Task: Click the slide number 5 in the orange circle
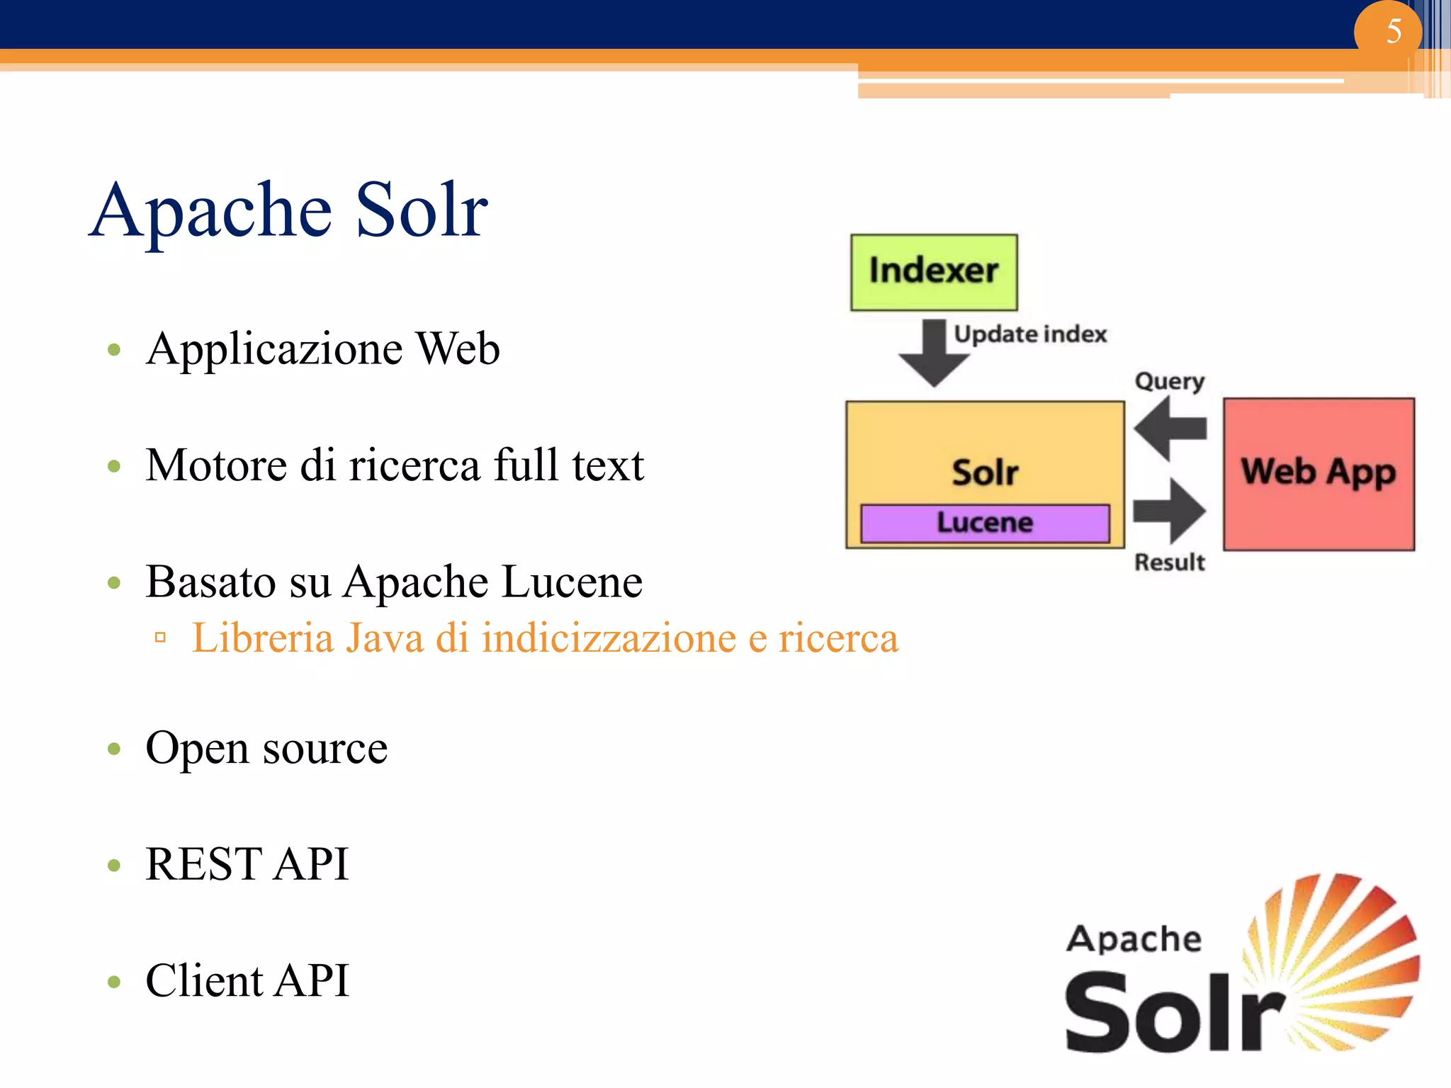coord(1393,31)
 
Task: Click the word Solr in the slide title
coord(421,210)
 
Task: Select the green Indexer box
coord(934,272)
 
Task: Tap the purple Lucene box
coord(985,523)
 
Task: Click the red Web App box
coord(1319,473)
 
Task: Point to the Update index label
coord(1029,334)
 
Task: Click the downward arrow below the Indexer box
coord(934,353)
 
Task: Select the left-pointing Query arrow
coord(1170,429)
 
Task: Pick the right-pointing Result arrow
coord(1170,511)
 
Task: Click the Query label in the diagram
coord(1169,381)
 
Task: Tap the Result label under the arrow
coord(1169,562)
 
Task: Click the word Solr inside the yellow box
coord(985,472)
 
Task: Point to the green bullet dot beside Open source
coord(114,749)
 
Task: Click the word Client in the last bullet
coord(203,981)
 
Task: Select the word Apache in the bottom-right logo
coord(1134,939)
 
